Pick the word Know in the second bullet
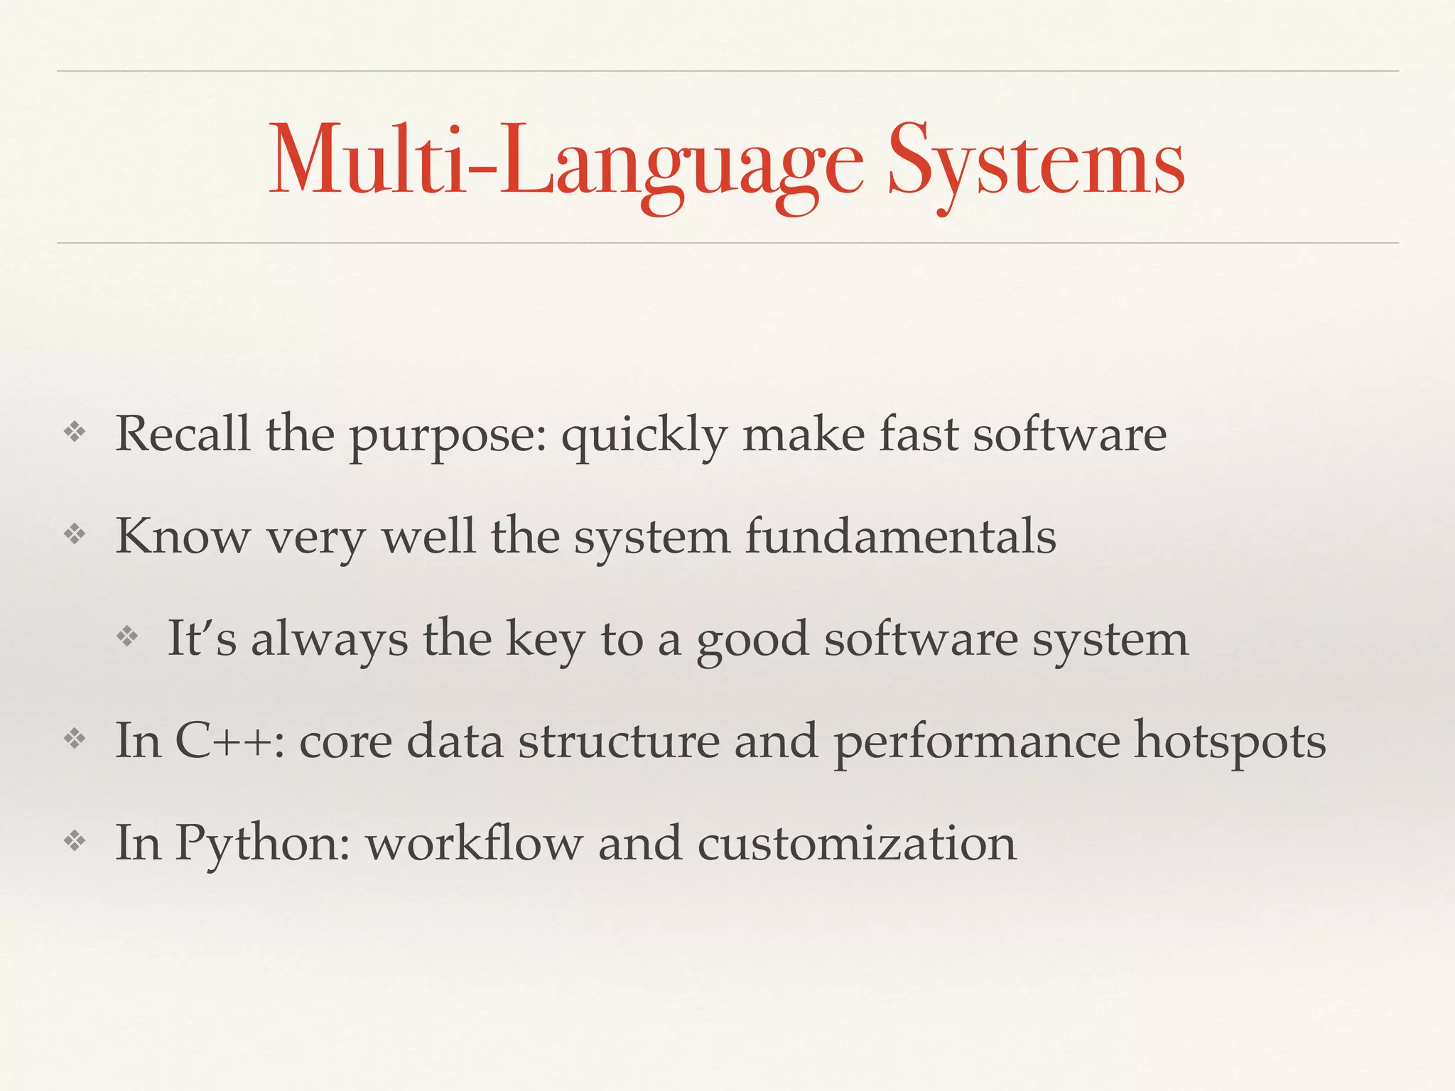point(183,536)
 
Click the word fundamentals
point(900,536)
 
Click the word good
point(752,639)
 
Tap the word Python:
point(263,843)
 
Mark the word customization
point(857,843)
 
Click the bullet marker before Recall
point(75,432)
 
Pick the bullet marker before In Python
point(75,842)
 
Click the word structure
point(618,740)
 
